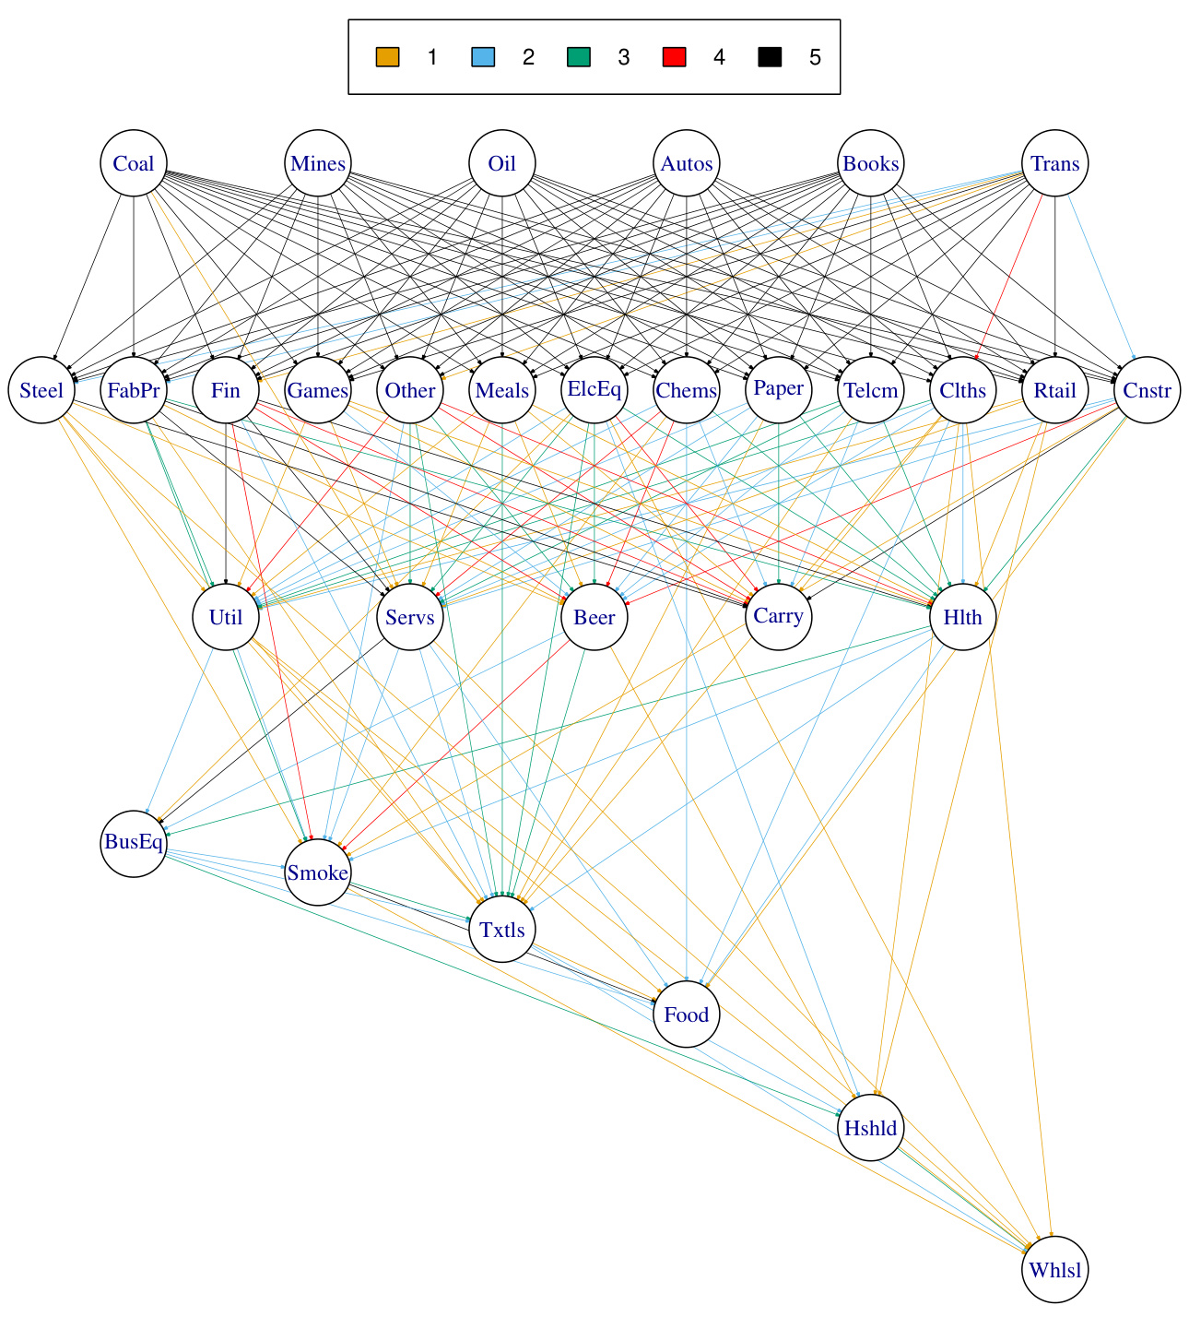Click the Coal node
click(x=134, y=163)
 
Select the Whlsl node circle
click(x=1055, y=1270)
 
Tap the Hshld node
click(x=871, y=1128)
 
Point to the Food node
click(x=687, y=1014)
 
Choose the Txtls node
click(x=502, y=929)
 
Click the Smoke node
click(x=318, y=872)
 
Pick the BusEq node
click(x=134, y=841)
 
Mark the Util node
click(x=226, y=617)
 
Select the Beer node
click(x=594, y=617)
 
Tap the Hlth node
click(x=963, y=617)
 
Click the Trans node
click(x=1055, y=163)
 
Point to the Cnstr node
click(x=1148, y=390)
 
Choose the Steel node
click(x=41, y=390)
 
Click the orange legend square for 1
click(x=387, y=57)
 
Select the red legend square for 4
click(x=674, y=57)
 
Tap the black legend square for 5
click(x=770, y=57)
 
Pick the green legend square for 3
click(x=578, y=57)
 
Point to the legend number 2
click(x=528, y=57)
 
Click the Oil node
click(x=502, y=163)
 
